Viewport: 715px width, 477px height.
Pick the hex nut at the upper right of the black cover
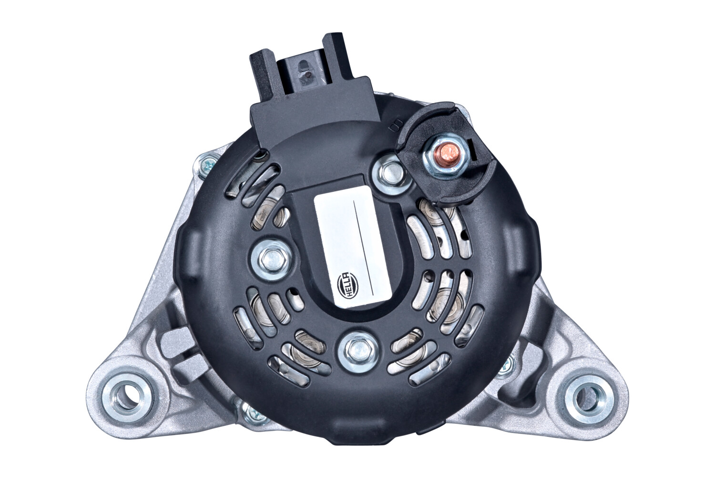(389, 175)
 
